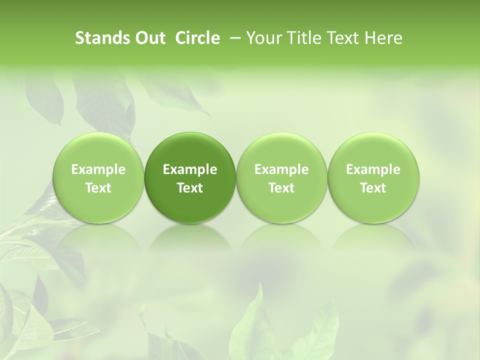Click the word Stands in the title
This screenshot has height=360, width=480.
point(100,38)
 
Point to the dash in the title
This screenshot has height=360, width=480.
point(237,38)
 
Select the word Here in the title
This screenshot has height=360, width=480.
point(382,38)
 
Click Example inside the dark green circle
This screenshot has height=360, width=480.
point(190,170)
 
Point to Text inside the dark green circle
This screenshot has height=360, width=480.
point(190,188)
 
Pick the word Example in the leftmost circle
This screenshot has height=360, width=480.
point(98,170)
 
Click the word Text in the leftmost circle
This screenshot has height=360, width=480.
point(98,188)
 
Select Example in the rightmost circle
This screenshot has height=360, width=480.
point(373,170)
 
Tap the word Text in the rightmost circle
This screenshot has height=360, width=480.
point(373,188)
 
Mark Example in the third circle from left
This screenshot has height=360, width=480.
point(281,170)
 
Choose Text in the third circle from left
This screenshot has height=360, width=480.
point(281,188)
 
